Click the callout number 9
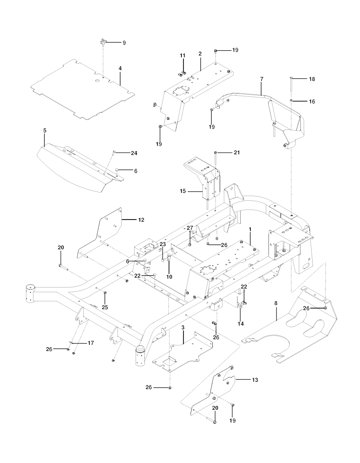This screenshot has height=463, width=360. click(x=124, y=43)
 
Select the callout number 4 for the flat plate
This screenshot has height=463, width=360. click(x=120, y=68)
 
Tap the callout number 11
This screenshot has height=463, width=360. click(x=182, y=56)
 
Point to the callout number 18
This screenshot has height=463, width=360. click(x=312, y=79)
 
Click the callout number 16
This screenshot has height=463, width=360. click(x=312, y=102)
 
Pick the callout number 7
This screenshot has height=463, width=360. click(x=262, y=80)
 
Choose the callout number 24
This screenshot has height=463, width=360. click(x=134, y=153)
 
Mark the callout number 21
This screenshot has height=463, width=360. click(x=237, y=153)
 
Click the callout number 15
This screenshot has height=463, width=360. click(x=183, y=191)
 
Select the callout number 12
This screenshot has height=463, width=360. click(x=141, y=220)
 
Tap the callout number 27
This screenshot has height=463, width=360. click(x=190, y=228)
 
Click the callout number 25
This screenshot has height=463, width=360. click(x=105, y=307)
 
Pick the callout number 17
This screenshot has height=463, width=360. click(x=91, y=343)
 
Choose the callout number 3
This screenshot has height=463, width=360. click(x=183, y=328)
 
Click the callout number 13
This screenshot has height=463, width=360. click(x=255, y=380)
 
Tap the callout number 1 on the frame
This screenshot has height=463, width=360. click(x=250, y=229)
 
